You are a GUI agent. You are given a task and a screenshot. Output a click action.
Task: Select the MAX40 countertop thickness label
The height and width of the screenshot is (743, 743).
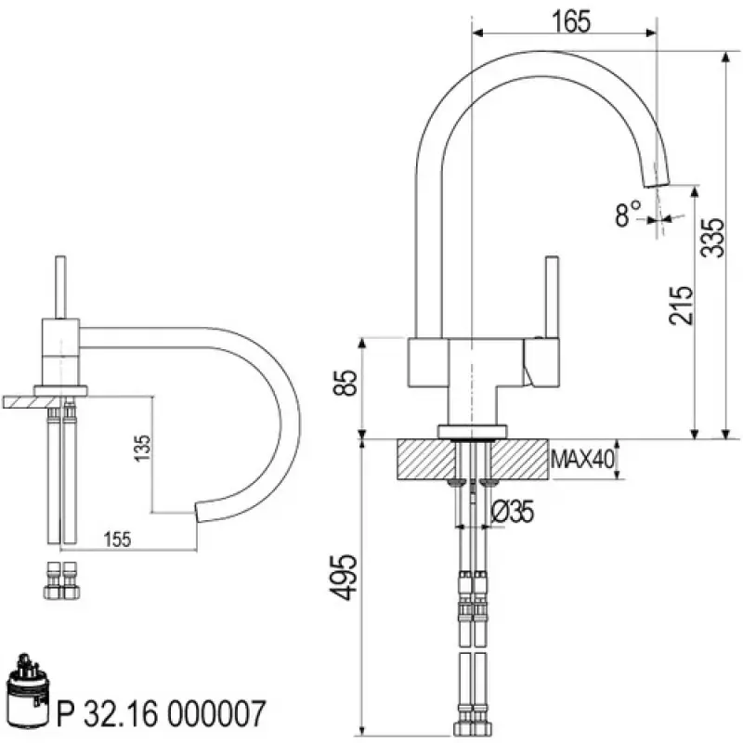[x=583, y=459]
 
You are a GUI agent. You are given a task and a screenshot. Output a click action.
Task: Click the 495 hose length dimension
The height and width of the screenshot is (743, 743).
[x=345, y=577]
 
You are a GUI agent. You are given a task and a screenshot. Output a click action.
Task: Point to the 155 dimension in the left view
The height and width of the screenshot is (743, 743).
[x=115, y=538]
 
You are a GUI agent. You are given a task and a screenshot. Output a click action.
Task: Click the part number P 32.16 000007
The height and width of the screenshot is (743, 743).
[x=163, y=714]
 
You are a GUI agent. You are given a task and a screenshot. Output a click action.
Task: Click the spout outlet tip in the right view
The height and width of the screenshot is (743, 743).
[x=658, y=180]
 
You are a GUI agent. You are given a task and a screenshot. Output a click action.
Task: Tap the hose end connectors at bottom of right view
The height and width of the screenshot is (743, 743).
[x=473, y=720]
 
